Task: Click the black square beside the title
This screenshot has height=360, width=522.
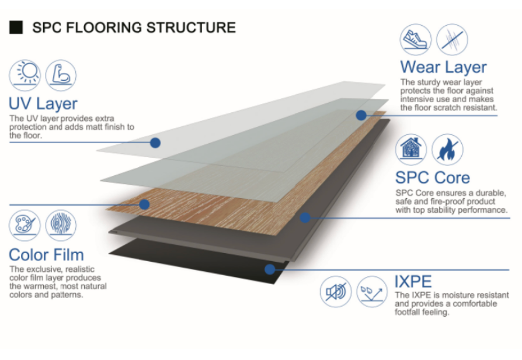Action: (16, 27)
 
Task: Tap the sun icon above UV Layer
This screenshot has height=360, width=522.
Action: (25, 75)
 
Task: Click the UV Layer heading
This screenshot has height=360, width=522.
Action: (43, 104)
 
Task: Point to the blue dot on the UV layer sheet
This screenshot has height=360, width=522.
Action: (155, 142)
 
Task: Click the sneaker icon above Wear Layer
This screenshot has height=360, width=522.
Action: (415, 39)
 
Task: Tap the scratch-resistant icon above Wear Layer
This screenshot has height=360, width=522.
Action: (451, 39)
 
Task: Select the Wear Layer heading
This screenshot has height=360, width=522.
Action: (443, 67)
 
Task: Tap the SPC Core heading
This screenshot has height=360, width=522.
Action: (433, 177)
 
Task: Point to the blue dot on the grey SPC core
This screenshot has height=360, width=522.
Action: (305, 218)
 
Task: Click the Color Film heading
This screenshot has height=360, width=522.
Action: (46, 255)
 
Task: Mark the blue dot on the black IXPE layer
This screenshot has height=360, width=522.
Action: (270, 269)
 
